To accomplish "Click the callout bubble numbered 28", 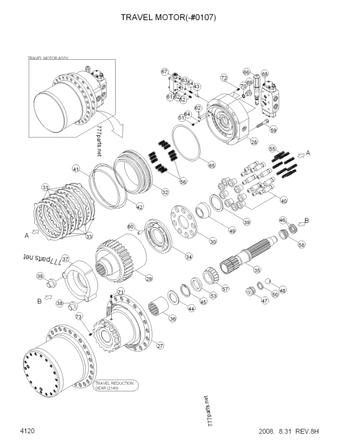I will (254, 142).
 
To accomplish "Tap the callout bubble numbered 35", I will (257, 270).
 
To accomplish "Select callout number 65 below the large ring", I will (212, 165).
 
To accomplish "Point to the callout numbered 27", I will (160, 345).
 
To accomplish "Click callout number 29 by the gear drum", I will (149, 279).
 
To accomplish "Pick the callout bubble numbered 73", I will (78, 317).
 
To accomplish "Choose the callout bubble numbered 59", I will (273, 130).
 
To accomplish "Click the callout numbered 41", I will (76, 168).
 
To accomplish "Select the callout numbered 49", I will (232, 230).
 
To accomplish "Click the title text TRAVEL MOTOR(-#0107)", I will (168, 18).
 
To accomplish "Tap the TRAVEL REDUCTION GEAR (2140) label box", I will (114, 386).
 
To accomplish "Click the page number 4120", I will (27, 431).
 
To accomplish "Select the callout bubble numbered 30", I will (213, 241).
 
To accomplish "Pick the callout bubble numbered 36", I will (173, 318).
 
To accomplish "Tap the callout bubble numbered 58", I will (301, 245).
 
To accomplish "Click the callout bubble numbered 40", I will (284, 201).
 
